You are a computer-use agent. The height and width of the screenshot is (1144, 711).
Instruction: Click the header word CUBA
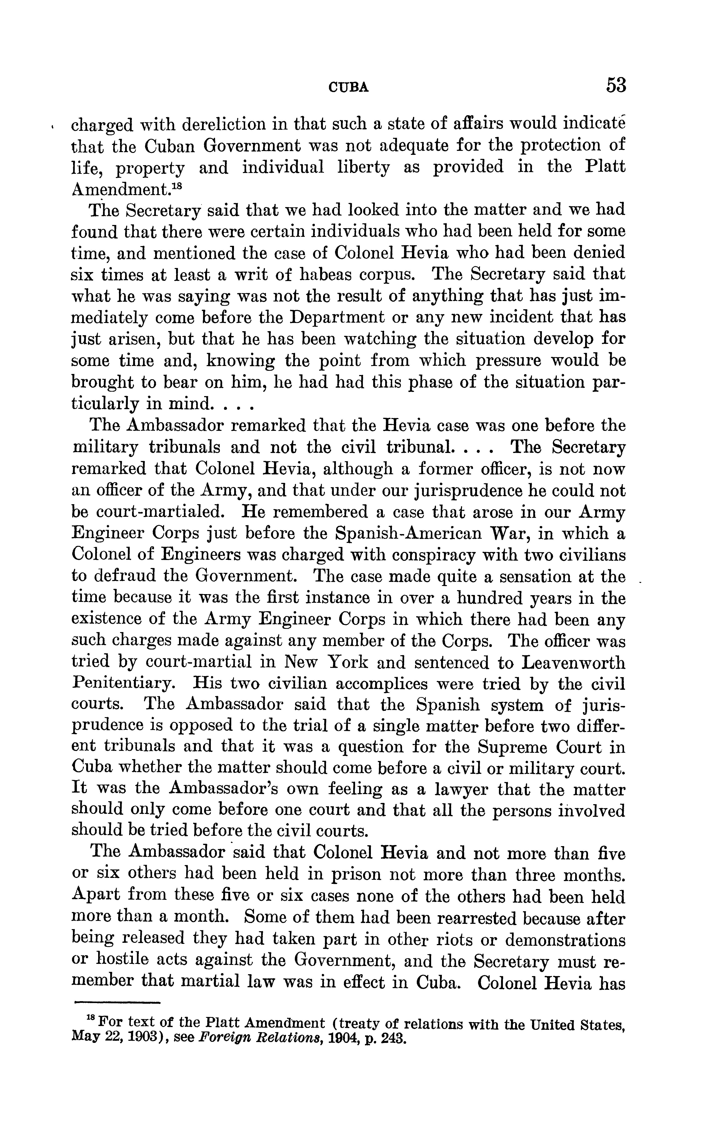pos(348,87)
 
